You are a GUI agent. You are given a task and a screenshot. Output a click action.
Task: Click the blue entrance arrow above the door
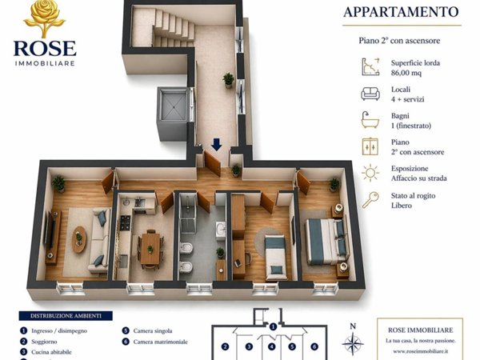click(x=217, y=145)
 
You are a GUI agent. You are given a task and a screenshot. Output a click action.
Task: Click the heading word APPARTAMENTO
click(x=401, y=12)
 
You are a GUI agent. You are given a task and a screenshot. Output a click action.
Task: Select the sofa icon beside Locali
click(x=370, y=93)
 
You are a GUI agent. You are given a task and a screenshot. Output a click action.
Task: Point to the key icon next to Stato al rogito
click(x=370, y=199)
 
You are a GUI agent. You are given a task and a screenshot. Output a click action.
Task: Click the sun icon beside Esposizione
click(x=370, y=173)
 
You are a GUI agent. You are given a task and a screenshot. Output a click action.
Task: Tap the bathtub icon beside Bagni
click(x=370, y=120)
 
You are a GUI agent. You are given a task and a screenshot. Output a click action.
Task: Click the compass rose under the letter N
click(x=353, y=344)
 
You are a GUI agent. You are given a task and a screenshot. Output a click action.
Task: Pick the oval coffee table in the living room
click(x=79, y=238)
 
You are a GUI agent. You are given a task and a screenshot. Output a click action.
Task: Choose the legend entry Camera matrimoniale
click(x=160, y=342)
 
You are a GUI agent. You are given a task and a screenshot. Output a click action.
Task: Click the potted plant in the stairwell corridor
click(x=229, y=79)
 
